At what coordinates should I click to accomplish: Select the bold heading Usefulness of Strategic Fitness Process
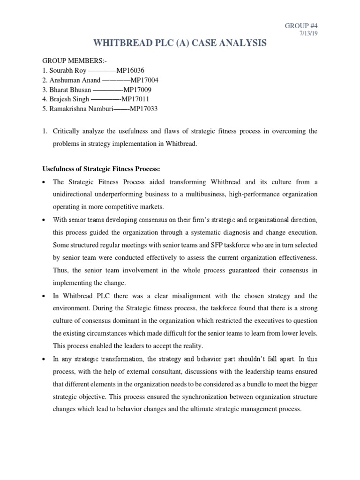click(x=105, y=168)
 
